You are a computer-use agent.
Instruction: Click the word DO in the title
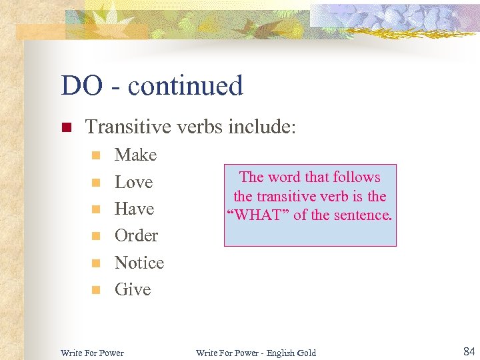click(x=81, y=86)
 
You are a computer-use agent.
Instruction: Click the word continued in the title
click(x=185, y=86)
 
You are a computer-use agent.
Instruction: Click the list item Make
click(x=135, y=155)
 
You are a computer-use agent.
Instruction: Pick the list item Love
click(x=133, y=182)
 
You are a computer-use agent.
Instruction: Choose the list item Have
click(x=134, y=209)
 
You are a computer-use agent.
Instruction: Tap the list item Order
click(x=136, y=235)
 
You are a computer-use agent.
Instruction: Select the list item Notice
click(x=139, y=263)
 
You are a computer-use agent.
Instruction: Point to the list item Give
click(x=133, y=289)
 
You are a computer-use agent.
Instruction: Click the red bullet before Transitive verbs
click(x=66, y=127)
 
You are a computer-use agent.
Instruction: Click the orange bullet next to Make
click(x=96, y=156)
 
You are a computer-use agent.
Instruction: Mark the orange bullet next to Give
click(x=96, y=290)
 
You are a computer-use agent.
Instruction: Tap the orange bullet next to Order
click(x=96, y=236)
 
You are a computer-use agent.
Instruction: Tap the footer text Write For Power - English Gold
click(x=255, y=352)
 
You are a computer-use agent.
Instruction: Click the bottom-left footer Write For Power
click(x=92, y=352)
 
